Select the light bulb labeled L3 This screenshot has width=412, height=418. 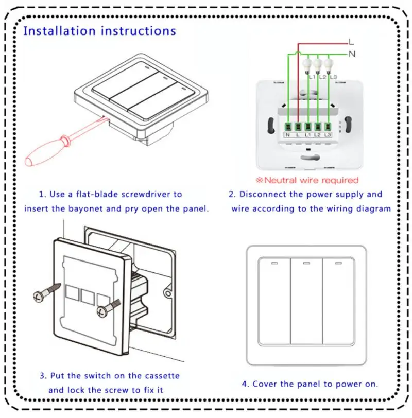pyautogui.click(x=329, y=65)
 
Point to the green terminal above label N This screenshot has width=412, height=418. pyautogui.click(x=288, y=125)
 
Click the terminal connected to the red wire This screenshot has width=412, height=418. pyautogui.click(x=298, y=125)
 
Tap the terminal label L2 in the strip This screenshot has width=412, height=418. pyautogui.click(x=317, y=135)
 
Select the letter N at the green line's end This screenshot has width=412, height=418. pyautogui.click(x=352, y=53)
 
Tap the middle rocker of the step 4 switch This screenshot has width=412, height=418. pyautogui.click(x=306, y=304)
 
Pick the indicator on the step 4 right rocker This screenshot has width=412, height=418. pyautogui.click(x=339, y=263)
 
